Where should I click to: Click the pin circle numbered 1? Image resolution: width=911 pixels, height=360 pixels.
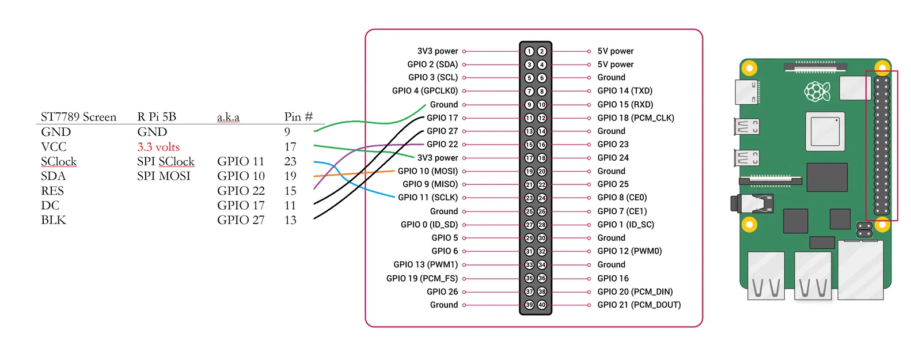pos(529,51)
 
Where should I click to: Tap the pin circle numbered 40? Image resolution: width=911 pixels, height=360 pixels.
pos(542,305)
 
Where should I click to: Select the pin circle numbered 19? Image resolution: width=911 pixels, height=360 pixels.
pos(529,171)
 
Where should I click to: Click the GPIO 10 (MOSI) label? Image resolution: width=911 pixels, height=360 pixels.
pos(427,171)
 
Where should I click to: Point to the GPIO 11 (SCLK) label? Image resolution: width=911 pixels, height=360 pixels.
pos(428,197)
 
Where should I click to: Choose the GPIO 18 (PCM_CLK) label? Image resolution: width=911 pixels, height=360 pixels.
pos(635,118)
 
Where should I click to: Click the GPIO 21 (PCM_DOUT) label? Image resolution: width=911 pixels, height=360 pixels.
pos(639,305)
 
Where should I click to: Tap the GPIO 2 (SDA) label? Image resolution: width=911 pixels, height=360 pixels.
pos(432,65)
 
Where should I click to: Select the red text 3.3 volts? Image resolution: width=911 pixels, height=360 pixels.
pos(158,147)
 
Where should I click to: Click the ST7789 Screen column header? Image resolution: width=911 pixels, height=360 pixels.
pos(78,117)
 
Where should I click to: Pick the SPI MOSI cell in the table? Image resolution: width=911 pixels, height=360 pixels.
pos(164,176)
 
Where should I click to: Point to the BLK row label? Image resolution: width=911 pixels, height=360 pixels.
pos(54,220)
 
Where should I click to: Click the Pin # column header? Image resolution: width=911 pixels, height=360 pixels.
pos(298,117)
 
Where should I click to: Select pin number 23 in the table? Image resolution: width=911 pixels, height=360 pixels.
pos(290,161)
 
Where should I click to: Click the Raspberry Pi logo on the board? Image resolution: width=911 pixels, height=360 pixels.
pos(817,91)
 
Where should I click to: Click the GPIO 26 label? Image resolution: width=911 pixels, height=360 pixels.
pos(442,291)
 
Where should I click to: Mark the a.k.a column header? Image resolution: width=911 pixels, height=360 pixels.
pos(228,118)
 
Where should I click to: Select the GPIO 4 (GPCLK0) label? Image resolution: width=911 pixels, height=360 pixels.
pos(425,90)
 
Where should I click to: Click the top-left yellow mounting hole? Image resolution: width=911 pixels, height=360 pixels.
pos(749,69)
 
